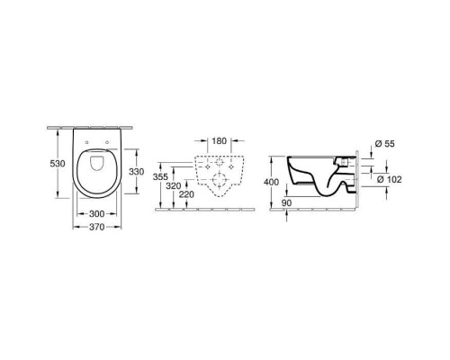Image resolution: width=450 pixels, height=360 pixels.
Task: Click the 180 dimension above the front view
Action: (220, 140)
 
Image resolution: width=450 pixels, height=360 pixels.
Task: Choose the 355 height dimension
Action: (161, 178)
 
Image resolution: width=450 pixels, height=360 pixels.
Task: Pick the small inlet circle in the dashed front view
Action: (220, 168)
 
